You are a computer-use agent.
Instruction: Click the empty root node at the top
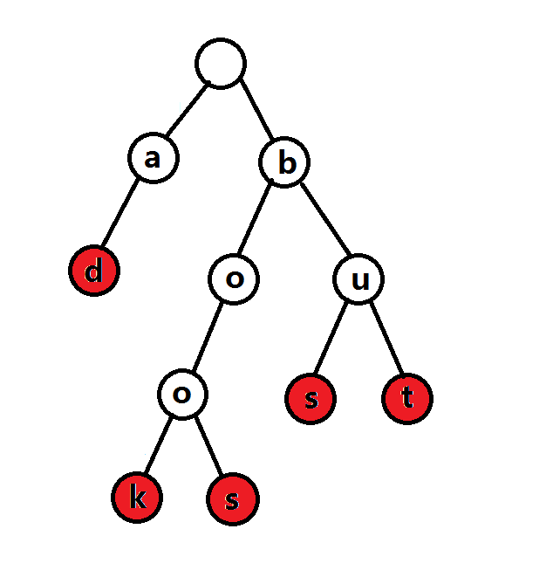(x=221, y=63)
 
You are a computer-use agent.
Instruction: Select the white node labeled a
(x=154, y=159)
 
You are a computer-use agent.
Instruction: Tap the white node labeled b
(x=284, y=161)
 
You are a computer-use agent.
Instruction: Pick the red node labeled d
(x=93, y=271)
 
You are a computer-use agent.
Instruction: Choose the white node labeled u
(x=358, y=280)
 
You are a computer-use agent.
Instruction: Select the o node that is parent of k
(x=182, y=395)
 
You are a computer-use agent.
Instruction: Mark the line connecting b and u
(x=322, y=221)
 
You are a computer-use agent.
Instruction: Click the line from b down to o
(x=259, y=221)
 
